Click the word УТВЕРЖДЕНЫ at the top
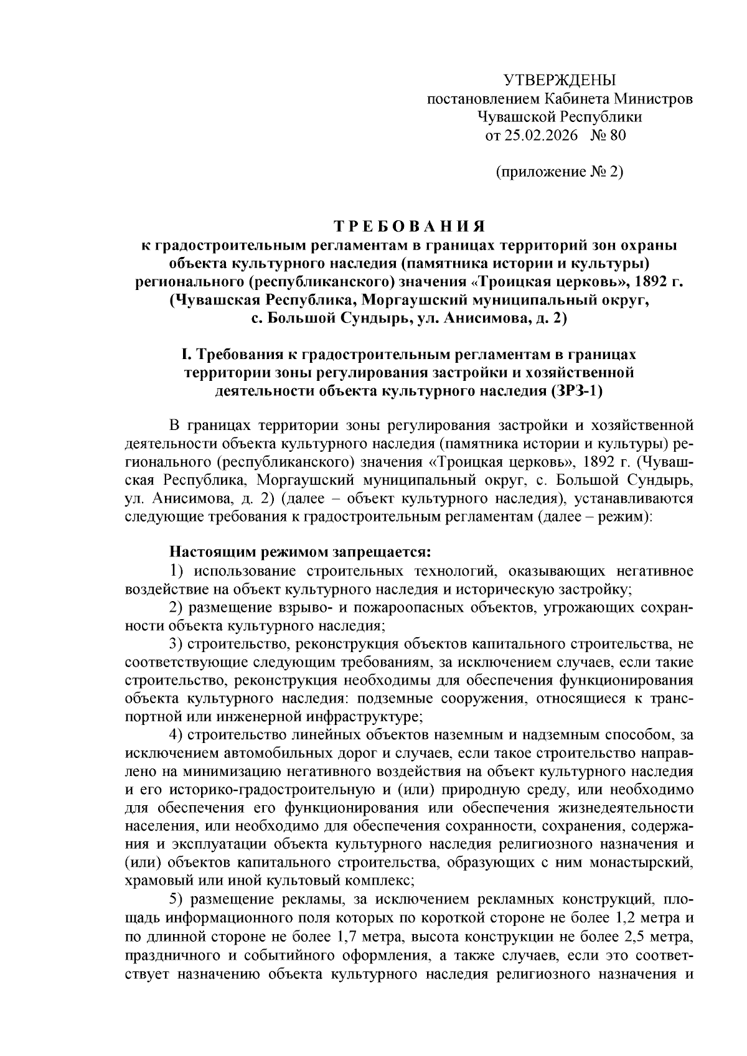(558, 80)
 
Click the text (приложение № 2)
(559, 172)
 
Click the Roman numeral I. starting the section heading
(186, 354)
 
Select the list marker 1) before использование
(177, 571)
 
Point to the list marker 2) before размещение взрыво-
(177, 607)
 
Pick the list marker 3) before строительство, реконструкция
(177, 643)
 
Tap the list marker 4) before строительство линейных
(177, 735)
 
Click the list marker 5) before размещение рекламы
(177, 899)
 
